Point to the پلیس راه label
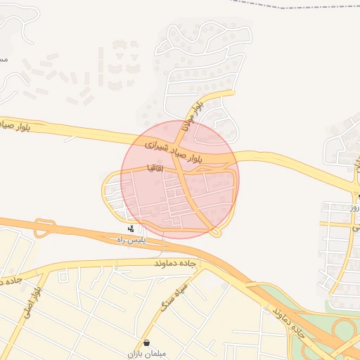(131, 240)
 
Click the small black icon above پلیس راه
(131, 229)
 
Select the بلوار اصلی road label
(41, 299)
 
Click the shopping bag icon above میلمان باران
(146, 342)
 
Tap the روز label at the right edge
(355, 208)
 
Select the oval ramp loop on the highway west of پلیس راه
(45, 227)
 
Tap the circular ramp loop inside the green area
(345, 330)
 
